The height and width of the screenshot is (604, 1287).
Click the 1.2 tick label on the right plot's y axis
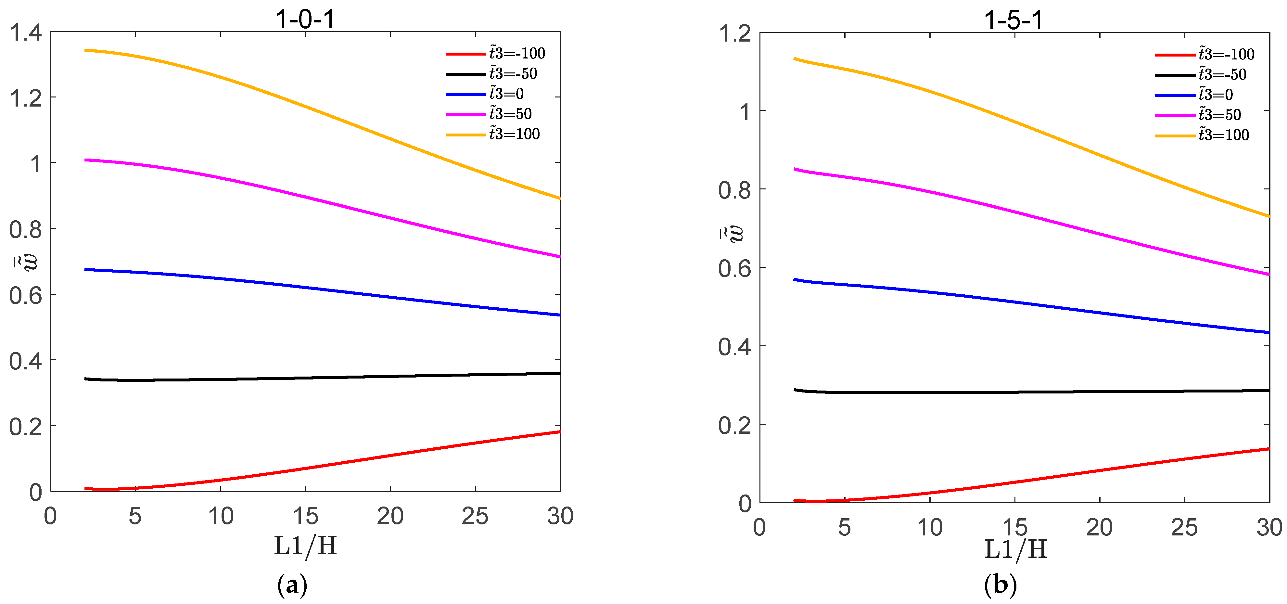(734, 34)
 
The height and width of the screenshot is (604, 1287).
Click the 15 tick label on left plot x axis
(305, 516)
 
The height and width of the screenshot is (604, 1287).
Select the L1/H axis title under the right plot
(1015, 549)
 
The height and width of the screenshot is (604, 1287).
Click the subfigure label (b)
(1000, 585)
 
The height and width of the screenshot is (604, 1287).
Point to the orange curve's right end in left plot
(559, 198)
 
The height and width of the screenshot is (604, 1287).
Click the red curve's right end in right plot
(1268, 449)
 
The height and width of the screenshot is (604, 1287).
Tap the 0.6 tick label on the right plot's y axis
(734, 269)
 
